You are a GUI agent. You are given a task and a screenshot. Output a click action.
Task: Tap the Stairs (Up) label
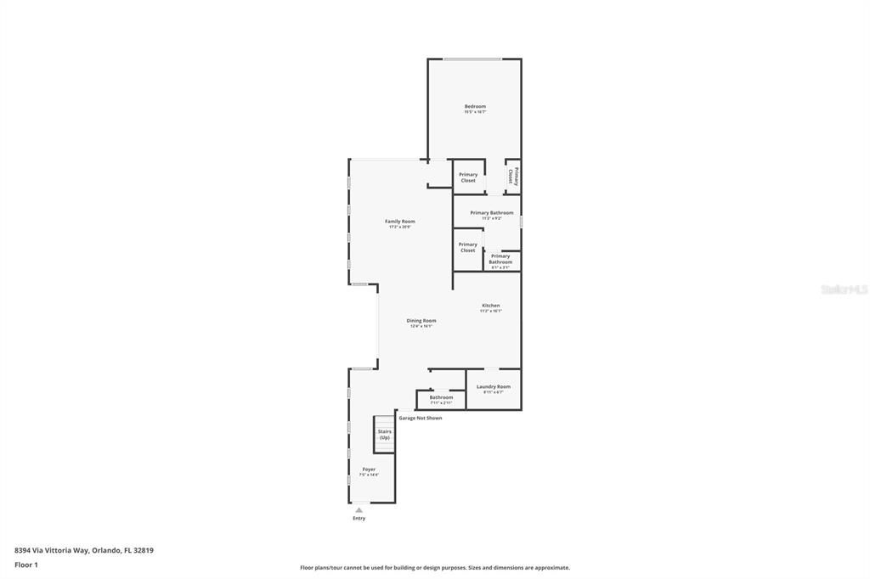pyautogui.click(x=385, y=434)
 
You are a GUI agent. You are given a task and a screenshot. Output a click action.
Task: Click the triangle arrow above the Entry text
pyautogui.click(x=359, y=509)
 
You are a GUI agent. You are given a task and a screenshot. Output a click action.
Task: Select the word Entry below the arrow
pyautogui.click(x=359, y=518)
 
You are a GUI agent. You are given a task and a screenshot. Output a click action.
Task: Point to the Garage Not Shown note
pyautogui.click(x=421, y=418)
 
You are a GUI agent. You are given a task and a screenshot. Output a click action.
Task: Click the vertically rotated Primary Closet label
pyautogui.click(x=512, y=176)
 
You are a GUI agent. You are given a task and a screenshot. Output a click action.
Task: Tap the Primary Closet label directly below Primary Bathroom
pyautogui.click(x=468, y=247)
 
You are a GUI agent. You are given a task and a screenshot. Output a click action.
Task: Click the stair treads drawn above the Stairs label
pyautogui.click(x=385, y=421)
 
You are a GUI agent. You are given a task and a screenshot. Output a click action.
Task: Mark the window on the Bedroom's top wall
pyautogui.click(x=472, y=59)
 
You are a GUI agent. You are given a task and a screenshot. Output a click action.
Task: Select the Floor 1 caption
pyautogui.click(x=26, y=565)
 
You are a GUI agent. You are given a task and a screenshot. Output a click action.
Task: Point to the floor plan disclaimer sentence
pyautogui.click(x=435, y=568)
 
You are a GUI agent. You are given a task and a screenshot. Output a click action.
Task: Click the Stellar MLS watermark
pyautogui.click(x=844, y=289)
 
